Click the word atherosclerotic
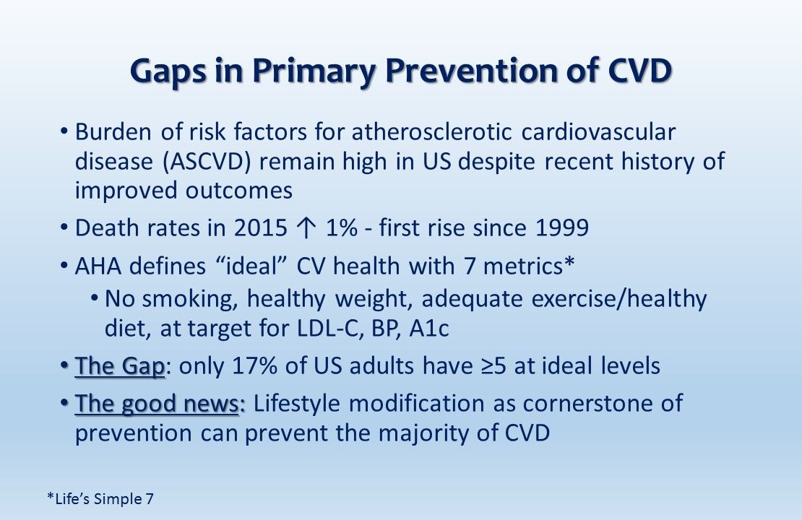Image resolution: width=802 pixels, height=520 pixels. tap(431, 132)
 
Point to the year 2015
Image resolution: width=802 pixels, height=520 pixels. tap(260, 227)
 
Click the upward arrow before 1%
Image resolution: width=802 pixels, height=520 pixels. tap(306, 228)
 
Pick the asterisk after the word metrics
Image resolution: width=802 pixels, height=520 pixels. tap(569, 263)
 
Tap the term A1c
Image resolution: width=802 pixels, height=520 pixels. tap(429, 329)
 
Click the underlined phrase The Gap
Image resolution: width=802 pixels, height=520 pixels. tap(120, 366)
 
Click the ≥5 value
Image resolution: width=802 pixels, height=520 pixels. tap(493, 366)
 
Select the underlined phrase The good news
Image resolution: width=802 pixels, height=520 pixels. tap(157, 404)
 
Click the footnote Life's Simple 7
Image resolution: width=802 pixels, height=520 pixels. tap(100, 498)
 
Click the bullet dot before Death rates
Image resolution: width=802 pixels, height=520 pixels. tap(64, 227)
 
